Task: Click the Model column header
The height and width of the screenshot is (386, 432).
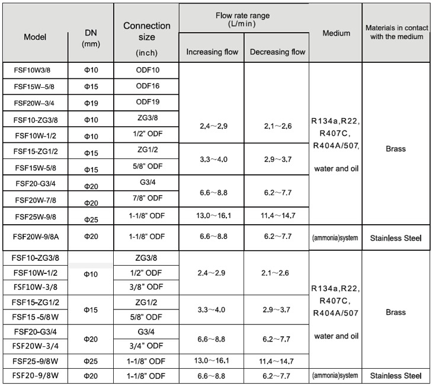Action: click(35, 37)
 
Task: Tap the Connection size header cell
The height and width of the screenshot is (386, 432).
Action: click(146, 37)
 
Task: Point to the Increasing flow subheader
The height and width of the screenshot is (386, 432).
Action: click(212, 52)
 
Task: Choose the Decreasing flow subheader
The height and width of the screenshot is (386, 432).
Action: click(277, 52)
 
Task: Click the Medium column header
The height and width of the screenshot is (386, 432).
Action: click(336, 33)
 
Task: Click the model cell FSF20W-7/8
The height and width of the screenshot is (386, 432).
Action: click(35, 199)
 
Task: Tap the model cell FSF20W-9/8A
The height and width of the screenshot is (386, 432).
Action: click(35, 237)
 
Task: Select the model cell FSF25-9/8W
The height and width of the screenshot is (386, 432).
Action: click(35, 361)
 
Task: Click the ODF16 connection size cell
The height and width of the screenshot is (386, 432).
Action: click(148, 86)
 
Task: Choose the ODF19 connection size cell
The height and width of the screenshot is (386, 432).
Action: click(148, 101)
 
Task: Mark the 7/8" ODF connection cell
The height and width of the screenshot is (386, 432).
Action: click(146, 197)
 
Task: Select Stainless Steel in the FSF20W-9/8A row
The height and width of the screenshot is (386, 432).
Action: click(395, 238)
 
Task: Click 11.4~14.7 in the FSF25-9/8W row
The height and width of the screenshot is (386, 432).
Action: click(277, 361)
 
